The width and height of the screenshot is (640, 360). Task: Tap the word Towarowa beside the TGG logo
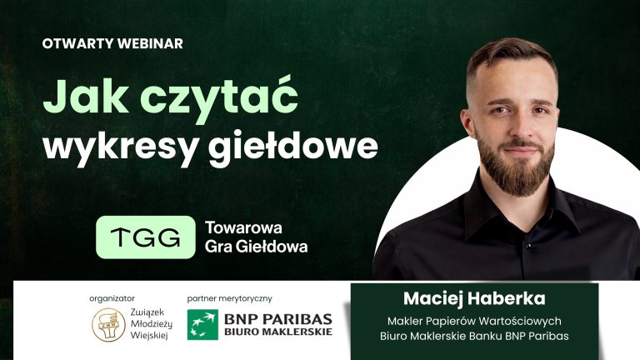243,227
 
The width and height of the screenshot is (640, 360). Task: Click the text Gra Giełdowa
256,247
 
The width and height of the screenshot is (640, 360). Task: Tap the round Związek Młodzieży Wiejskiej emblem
107,324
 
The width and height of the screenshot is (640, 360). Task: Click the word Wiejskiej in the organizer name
148,337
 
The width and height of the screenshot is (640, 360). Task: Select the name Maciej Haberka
473,297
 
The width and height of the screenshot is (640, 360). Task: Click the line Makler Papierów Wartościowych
473,320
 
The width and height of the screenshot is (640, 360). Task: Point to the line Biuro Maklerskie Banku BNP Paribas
473,337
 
